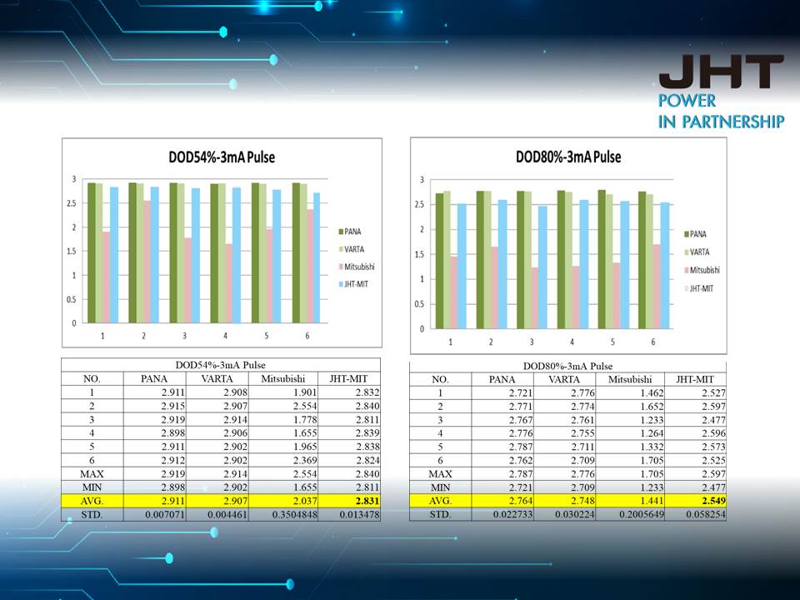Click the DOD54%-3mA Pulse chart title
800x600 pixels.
click(x=221, y=157)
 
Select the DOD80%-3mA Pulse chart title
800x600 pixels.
click(x=567, y=157)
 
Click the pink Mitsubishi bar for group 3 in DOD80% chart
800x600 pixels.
click(x=535, y=297)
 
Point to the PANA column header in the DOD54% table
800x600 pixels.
click(x=155, y=378)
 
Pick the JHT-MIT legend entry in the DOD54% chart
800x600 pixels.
click(x=357, y=285)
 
